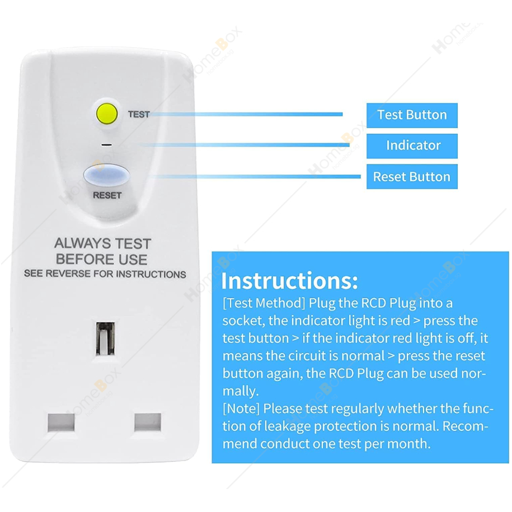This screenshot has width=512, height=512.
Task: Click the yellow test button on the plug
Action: [x=107, y=114]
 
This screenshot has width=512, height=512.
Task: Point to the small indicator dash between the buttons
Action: [x=106, y=145]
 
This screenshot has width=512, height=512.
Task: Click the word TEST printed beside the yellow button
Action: [x=139, y=114]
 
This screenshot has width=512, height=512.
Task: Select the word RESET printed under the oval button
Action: [x=107, y=195]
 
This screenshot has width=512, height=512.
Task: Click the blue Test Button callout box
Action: [x=412, y=115]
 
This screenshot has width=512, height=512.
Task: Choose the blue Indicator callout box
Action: [x=412, y=146]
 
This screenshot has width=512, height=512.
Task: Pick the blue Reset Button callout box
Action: [x=412, y=176]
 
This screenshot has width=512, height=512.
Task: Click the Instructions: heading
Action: [x=290, y=280]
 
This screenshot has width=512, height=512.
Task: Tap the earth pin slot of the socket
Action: [x=105, y=339]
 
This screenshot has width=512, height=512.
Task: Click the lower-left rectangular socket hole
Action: [x=61, y=422]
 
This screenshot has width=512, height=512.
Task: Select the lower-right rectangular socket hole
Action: [x=148, y=422]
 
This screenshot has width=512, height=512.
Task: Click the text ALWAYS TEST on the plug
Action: [x=102, y=243]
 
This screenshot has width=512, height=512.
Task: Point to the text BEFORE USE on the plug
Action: [x=101, y=259]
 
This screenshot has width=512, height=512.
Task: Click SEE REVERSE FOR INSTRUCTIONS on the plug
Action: [x=105, y=274]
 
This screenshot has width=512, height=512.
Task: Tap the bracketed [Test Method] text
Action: [x=264, y=303]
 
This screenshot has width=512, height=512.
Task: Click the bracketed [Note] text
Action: [x=241, y=408]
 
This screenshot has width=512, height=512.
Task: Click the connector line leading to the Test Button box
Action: [x=246, y=114]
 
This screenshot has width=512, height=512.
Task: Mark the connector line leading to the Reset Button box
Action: [x=257, y=176]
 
